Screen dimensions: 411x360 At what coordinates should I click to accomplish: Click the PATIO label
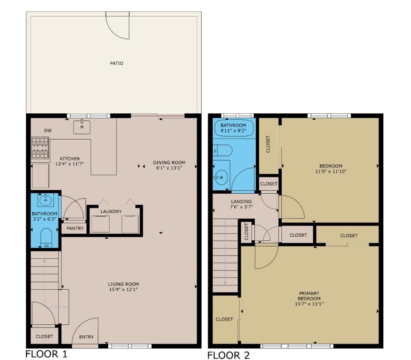click(116, 63)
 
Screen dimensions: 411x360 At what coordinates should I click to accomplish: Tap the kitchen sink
click(82, 127)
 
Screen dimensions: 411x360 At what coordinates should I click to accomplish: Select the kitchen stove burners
click(41, 148)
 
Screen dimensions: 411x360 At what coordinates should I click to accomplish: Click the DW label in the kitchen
click(48, 131)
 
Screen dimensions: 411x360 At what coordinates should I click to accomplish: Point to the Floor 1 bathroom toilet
click(47, 238)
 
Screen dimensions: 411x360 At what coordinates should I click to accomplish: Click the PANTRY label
click(75, 228)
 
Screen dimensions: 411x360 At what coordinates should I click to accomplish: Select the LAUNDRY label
click(111, 211)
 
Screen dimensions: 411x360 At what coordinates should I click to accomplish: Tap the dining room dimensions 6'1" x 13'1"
click(169, 168)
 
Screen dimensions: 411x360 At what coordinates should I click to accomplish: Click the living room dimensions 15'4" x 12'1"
click(124, 289)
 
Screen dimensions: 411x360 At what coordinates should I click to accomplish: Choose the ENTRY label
click(87, 337)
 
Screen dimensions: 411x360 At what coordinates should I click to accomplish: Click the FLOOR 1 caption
click(47, 354)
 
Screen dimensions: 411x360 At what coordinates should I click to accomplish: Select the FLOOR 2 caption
click(228, 355)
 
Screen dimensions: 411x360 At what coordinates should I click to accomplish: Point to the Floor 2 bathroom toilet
click(222, 151)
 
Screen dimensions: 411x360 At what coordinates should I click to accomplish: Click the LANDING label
click(241, 202)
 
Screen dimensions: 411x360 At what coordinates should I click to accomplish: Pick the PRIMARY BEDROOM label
click(309, 296)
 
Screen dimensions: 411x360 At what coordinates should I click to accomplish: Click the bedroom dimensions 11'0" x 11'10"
click(331, 171)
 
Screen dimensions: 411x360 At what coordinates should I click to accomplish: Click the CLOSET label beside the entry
click(45, 336)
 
